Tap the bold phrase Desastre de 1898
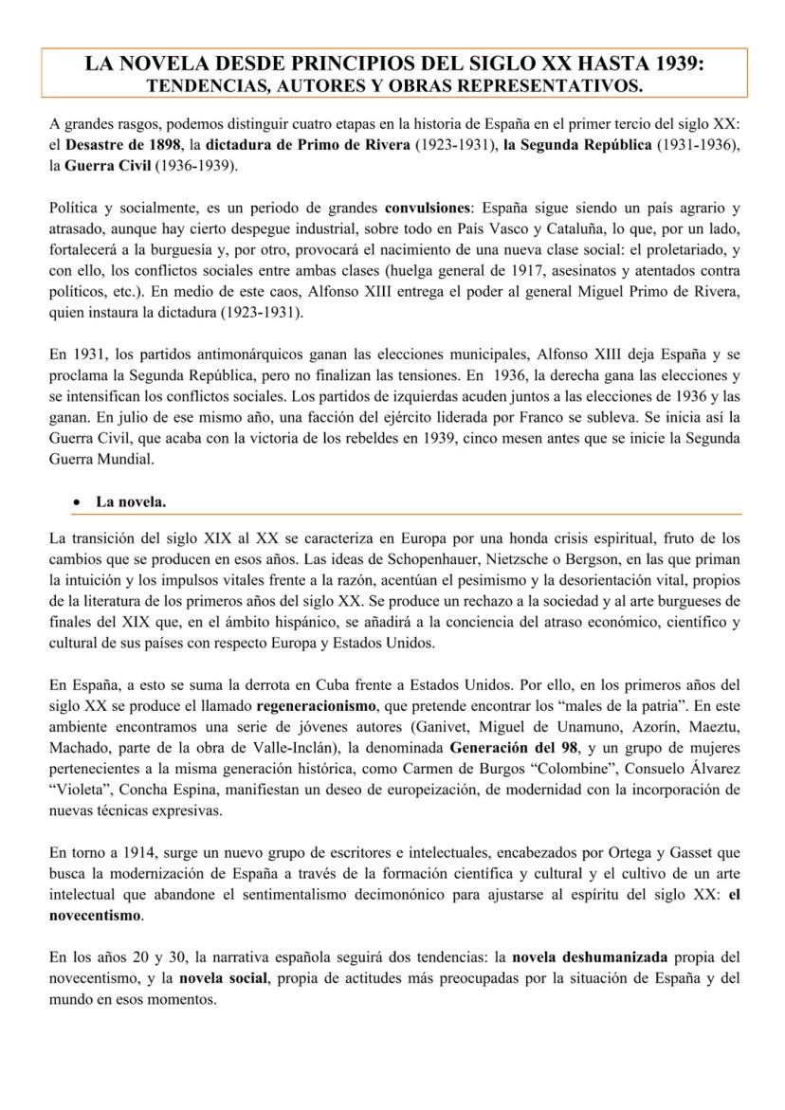click(x=123, y=145)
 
